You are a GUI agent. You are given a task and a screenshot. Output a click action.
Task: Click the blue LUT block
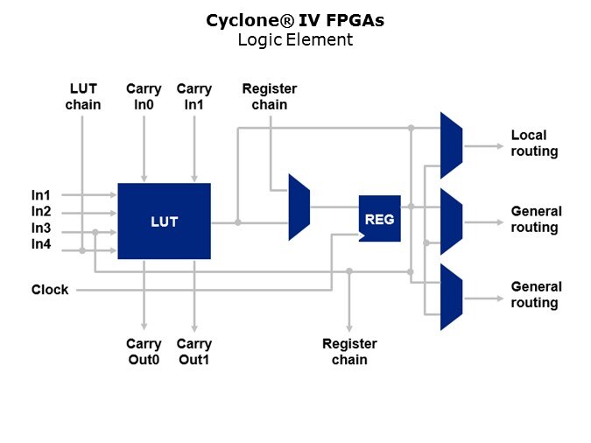click(164, 221)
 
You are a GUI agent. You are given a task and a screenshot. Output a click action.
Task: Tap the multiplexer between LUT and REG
click(299, 207)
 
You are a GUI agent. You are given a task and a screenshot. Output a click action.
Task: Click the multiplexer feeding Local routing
click(451, 144)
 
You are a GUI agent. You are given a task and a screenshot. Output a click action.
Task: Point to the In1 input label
click(41, 195)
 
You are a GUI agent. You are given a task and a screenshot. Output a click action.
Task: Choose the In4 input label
click(41, 244)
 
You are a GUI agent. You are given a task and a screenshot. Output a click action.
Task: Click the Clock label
click(50, 290)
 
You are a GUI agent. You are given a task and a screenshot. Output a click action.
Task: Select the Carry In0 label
click(144, 97)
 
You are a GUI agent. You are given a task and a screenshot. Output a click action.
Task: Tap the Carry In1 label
click(194, 97)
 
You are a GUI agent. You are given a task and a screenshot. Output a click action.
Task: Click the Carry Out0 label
click(144, 351)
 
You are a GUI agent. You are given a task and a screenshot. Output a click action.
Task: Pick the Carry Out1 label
click(194, 351)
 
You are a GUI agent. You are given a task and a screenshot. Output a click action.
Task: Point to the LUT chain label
click(85, 97)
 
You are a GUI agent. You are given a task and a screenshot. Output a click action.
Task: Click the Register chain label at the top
click(269, 97)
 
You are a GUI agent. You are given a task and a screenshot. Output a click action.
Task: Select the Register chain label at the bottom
click(349, 352)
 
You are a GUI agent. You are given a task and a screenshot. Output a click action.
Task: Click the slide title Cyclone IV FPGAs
click(295, 20)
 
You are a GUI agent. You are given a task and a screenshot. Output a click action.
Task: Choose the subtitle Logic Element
click(295, 39)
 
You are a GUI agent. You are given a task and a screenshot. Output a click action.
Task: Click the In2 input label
click(41, 211)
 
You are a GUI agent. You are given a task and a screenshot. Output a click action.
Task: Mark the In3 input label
click(41, 228)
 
